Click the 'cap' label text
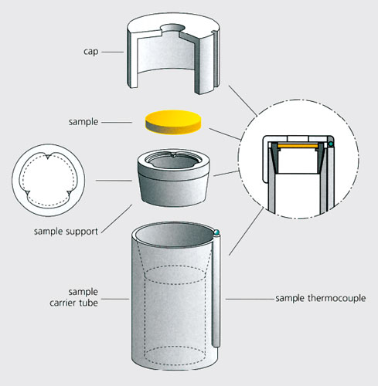[x=91, y=52]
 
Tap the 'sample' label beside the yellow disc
[x=83, y=122]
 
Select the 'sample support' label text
[x=66, y=232]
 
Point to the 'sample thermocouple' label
[x=321, y=298]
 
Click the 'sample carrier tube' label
[x=73, y=297]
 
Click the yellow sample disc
[x=173, y=122]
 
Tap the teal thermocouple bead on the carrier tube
[x=216, y=232]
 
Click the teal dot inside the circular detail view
[x=330, y=144]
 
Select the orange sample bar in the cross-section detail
[x=297, y=146]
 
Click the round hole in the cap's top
[x=173, y=29]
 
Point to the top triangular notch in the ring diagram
[x=48, y=157]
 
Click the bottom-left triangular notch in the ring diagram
[x=27, y=193]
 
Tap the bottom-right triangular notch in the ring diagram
[x=70, y=193]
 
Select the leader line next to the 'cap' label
[x=112, y=52]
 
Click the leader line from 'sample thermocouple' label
[x=250, y=299]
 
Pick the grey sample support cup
[x=173, y=178]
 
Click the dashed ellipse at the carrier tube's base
[x=175, y=356]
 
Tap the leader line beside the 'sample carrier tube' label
[x=115, y=299]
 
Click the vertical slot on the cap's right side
[x=216, y=59]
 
